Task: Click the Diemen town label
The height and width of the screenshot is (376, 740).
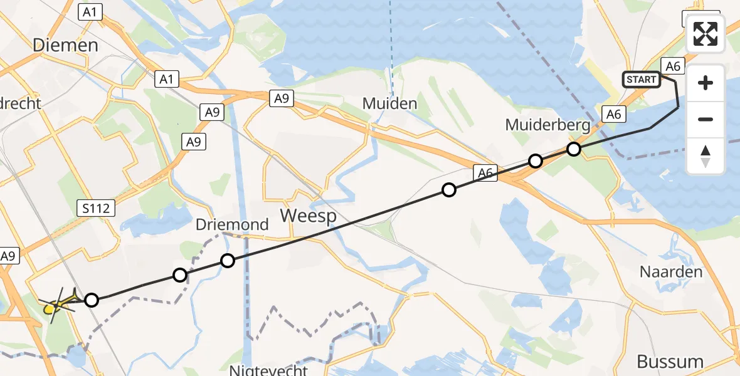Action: tap(66, 45)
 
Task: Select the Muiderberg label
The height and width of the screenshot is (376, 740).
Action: tap(547, 125)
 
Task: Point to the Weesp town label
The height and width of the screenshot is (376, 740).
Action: tap(308, 216)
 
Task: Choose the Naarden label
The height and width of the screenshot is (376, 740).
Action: tap(671, 272)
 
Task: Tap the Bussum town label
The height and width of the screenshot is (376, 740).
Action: tap(669, 362)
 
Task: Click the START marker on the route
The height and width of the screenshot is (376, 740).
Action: tap(641, 79)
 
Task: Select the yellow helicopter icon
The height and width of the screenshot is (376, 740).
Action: tap(57, 305)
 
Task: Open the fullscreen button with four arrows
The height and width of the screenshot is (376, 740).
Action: tap(706, 34)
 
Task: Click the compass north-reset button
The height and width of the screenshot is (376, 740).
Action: tap(706, 155)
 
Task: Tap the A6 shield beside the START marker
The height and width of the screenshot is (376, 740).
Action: tap(673, 66)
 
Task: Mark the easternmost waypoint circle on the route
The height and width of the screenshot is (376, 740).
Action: tap(574, 149)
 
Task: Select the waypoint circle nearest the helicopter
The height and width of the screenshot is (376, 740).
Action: tap(92, 300)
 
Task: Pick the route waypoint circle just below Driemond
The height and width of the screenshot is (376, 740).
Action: tap(228, 260)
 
